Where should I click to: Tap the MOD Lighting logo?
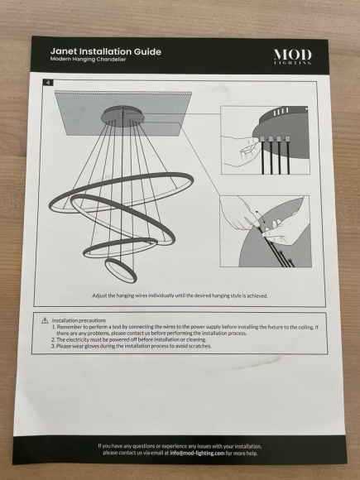[293, 56]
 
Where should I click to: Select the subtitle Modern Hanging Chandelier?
[89, 59]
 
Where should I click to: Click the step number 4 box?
[48, 83]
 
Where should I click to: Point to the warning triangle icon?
[45, 320]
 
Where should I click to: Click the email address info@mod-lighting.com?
[197, 453]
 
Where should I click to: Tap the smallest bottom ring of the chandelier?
[121, 270]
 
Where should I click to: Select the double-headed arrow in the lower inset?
[260, 217]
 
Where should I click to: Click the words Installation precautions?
[79, 320]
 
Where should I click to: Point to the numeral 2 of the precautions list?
[53, 339]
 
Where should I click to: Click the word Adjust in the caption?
[99, 295]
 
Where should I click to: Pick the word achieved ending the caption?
[257, 295]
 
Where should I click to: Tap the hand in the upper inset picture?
[240, 150]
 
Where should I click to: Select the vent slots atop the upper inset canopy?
[281, 112]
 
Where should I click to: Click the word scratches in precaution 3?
[199, 346]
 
